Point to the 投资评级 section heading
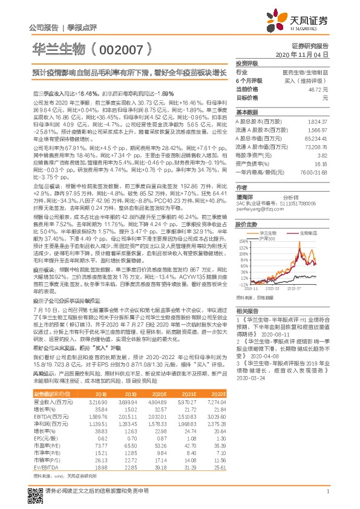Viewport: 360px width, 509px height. [247, 63]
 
